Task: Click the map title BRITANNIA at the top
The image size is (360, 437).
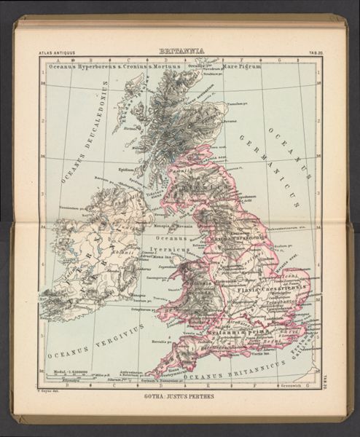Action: pos(180,52)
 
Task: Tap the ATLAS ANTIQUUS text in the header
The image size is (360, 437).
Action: pos(56,53)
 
